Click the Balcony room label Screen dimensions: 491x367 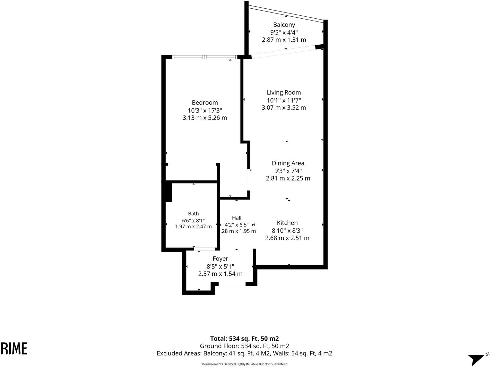284,25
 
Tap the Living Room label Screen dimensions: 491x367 284,92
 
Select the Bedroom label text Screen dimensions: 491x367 205,103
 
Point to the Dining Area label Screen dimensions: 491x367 288,163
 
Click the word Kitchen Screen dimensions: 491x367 287,223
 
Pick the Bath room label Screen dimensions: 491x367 193,214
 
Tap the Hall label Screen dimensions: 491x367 237,218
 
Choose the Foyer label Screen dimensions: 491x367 220,259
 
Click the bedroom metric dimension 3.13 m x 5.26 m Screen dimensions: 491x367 205,118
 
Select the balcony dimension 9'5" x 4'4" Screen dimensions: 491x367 284,33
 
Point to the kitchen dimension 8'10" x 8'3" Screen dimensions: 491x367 287,230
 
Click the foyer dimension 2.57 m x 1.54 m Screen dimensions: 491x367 220,274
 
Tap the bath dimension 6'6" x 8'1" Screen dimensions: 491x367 193,221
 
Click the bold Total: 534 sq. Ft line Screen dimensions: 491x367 245,339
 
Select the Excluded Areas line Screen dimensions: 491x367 245,354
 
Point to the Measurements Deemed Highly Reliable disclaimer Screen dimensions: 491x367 245,364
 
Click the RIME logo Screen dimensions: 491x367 14,348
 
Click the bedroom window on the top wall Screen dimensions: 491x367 204,57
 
